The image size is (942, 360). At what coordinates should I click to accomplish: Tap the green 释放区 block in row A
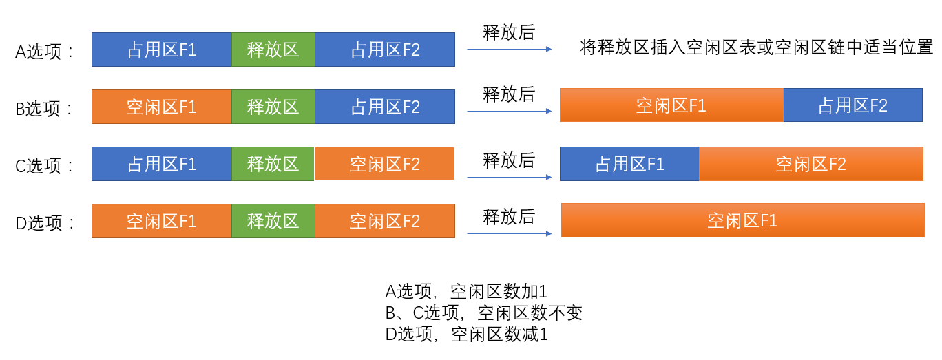[x=273, y=50]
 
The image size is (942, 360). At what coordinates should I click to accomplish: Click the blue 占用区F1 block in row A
[x=162, y=50]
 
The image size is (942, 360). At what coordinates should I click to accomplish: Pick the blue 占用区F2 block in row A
[x=385, y=50]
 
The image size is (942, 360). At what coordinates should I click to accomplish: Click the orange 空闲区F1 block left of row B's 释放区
[x=162, y=107]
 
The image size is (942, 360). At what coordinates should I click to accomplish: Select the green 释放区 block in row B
[x=273, y=107]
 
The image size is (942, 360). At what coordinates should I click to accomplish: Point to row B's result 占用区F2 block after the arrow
[x=852, y=105]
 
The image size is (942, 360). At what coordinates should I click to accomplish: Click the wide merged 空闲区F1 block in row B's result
[x=671, y=105]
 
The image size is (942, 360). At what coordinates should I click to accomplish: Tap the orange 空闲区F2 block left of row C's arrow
[x=384, y=164]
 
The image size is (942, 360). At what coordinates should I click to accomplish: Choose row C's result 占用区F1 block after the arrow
[x=629, y=164]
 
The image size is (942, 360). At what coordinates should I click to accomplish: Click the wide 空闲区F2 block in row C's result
[x=810, y=164]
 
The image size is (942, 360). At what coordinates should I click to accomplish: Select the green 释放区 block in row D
[x=273, y=221]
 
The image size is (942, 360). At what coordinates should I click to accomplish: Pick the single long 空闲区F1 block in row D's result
[x=742, y=220]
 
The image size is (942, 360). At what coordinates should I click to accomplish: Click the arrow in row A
[x=509, y=50]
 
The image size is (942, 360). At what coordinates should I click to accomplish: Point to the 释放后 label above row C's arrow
[x=509, y=161]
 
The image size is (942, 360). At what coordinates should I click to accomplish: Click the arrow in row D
[x=509, y=233]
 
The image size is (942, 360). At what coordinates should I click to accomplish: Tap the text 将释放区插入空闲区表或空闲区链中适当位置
[x=756, y=47]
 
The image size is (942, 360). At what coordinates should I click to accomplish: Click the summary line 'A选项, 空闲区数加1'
[x=466, y=291]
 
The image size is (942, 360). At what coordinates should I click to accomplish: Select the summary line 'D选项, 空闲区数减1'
[x=466, y=335]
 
